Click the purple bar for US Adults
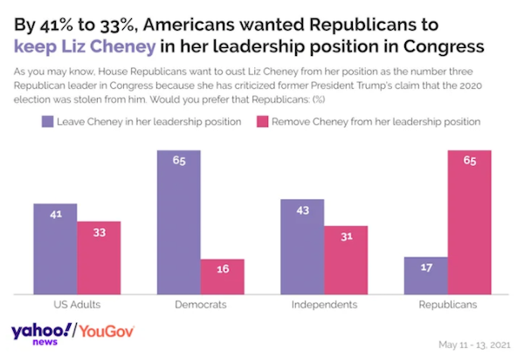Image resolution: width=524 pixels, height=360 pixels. pos(56,249)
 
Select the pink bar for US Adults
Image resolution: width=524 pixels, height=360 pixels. pos(99,258)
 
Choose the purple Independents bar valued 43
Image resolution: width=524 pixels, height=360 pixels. pos(302,246)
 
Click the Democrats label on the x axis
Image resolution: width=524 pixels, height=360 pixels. pos(201,305)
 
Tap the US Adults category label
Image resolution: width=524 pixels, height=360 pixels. pos(77,305)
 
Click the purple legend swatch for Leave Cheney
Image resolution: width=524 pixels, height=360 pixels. pos(45,122)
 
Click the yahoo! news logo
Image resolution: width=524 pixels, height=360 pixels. pos(42,335)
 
